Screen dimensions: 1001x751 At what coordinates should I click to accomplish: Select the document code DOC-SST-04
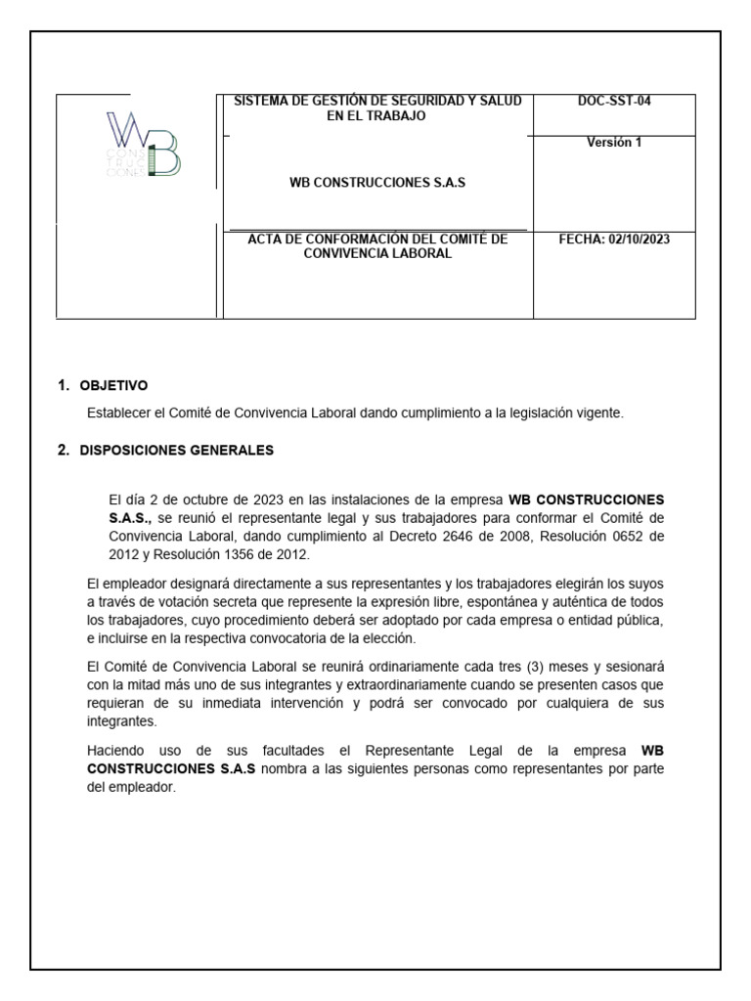pos(613,102)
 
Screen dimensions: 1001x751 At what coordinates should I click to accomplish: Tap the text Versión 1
pos(613,143)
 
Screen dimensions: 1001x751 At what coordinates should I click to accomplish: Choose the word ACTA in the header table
pos(267,239)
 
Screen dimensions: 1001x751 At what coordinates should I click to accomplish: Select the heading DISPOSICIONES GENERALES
pos(177,451)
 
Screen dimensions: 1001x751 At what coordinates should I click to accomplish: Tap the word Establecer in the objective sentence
pos(116,413)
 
